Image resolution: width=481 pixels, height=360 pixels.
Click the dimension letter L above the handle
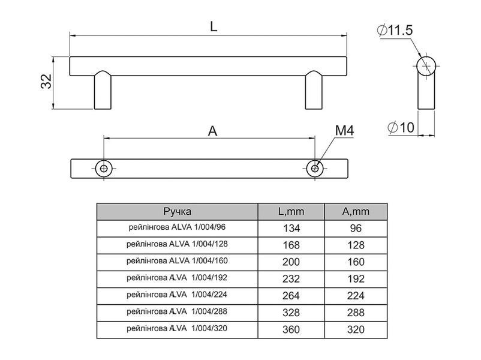214,26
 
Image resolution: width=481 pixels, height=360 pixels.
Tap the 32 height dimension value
46,82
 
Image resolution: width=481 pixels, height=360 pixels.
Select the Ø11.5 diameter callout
395,31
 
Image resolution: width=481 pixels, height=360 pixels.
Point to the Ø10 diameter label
401,127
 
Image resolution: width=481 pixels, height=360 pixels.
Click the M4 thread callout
344,130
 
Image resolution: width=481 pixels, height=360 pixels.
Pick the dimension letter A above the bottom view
212,131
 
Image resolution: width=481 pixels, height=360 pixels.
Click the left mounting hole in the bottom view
104,169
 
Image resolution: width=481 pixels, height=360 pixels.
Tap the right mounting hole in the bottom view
315,169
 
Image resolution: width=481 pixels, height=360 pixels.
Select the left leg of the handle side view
103,90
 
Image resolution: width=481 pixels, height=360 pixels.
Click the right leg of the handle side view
314,90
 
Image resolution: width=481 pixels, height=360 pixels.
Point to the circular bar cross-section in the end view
426,65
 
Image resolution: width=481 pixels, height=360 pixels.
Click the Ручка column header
178,211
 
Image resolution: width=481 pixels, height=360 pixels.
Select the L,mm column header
291,211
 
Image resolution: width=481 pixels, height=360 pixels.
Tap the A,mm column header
356,211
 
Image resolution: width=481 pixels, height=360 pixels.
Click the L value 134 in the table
291,229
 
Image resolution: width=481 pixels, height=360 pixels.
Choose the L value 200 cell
291,262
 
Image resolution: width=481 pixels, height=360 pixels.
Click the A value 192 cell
356,279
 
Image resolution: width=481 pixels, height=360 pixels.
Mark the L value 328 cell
291,313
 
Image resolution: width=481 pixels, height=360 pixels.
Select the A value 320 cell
356,329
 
